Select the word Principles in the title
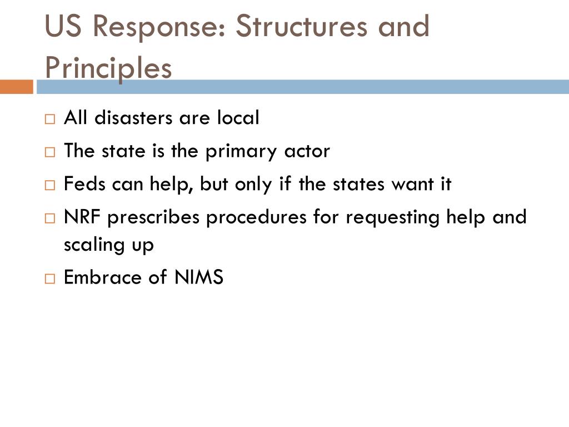108,68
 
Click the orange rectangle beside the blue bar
16,87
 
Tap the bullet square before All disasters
50,119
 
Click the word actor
307,151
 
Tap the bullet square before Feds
50,185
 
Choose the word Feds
85,184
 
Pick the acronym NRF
83,217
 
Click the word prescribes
153,217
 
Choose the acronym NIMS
198,277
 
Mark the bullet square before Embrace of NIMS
50,278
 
